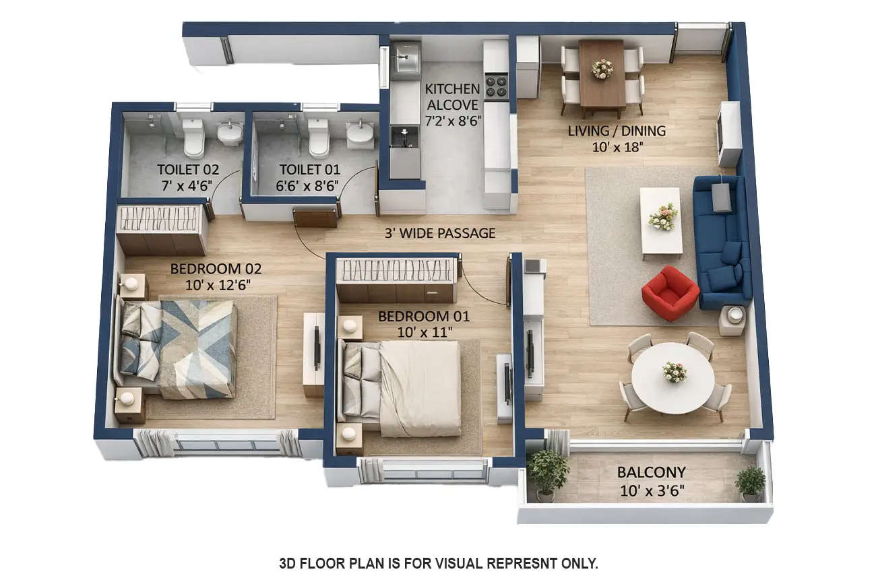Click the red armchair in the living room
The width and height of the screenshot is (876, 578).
pyautogui.click(x=670, y=293)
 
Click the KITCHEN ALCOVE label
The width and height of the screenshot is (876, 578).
pyautogui.click(x=453, y=97)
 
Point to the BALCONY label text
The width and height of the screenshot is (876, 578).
pyautogui.click(x=651, y=472)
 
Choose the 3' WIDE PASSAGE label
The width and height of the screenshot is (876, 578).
pyautogui.click(x=439, y=233)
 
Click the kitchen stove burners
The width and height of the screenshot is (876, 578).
pyautogui.click(x=497, y=86)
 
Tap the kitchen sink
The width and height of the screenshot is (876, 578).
pyautogui.click(x=406, y=61)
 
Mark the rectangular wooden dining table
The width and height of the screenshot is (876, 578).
pyautogui.click(x=602, y=73)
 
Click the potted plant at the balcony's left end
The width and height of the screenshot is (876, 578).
pyautogui.click(x=547, y=472)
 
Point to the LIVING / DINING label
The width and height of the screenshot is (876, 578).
pyautogui.click(x=617, y=131)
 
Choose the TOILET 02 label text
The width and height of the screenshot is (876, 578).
pyautogui.click(x=188, y=170)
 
